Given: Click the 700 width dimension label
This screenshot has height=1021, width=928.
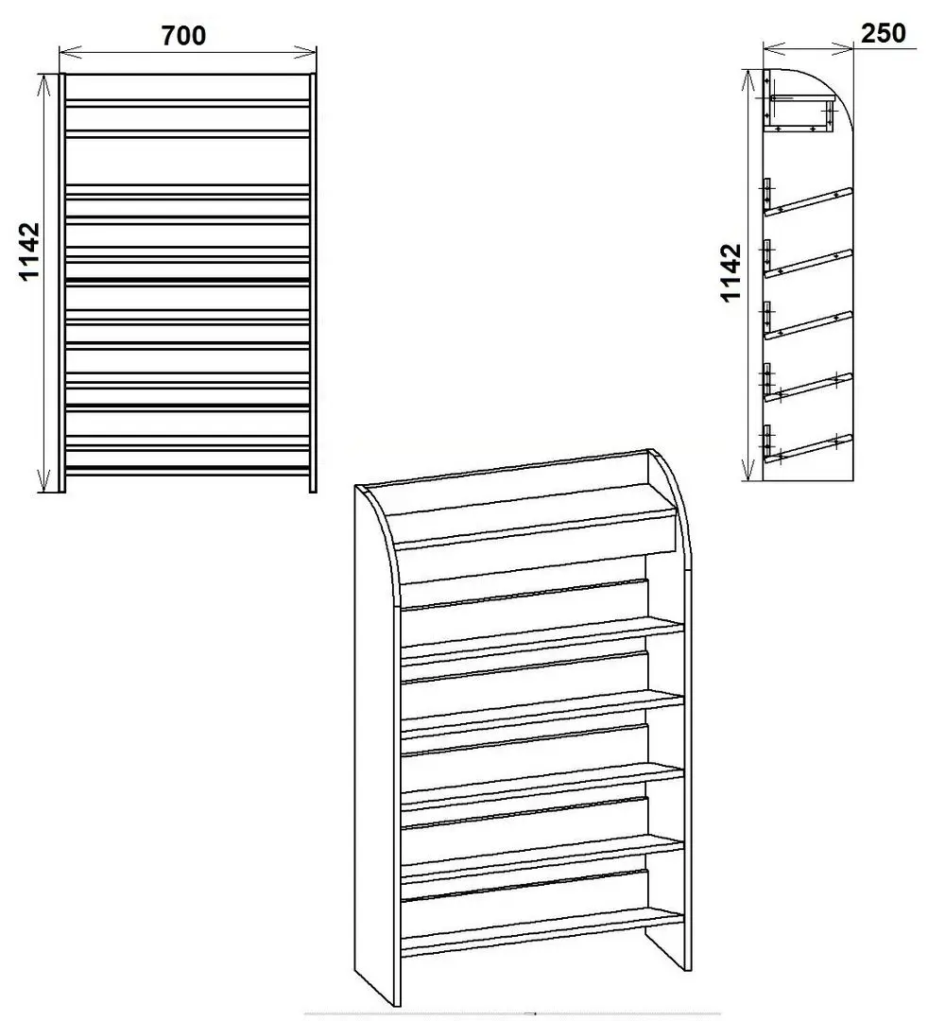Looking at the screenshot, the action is (x=183, y=36).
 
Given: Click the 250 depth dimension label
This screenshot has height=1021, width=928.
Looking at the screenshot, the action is (x=883, y=33).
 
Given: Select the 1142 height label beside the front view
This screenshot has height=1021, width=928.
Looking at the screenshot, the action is (x=29, y=251).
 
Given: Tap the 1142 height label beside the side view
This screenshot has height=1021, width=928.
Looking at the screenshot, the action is (x=730, y=272).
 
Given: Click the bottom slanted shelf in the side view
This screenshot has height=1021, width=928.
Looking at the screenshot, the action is (x=809, y=448).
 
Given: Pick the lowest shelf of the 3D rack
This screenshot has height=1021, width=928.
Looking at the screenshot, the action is (x=541, y=926).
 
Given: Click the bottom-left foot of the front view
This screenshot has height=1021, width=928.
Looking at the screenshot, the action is (x=62, y=484).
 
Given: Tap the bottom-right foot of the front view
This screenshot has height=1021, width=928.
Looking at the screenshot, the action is (x=313, y=484).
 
